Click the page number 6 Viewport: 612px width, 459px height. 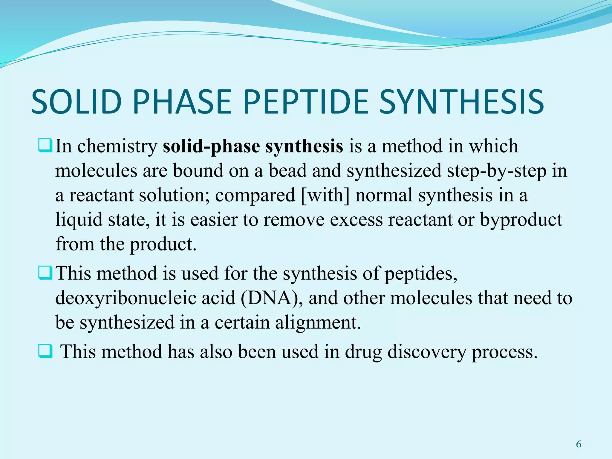tap(579, 444)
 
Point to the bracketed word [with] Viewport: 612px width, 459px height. tap(325, 195)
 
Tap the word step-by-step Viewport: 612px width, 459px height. tap(496, 171)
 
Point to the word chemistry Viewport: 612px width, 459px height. tap(117, 146)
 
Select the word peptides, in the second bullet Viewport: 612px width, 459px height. tap(421, 274)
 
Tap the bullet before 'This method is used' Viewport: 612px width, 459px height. tap(45, 273)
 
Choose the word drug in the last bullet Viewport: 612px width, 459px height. tap(363, 352)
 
